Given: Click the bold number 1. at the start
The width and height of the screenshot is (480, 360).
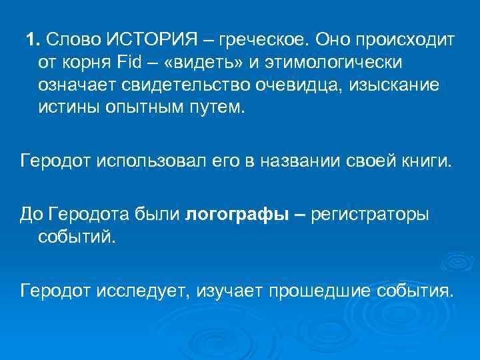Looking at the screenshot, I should [33, 39].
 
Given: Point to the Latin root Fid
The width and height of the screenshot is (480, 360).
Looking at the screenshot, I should [130, 63].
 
